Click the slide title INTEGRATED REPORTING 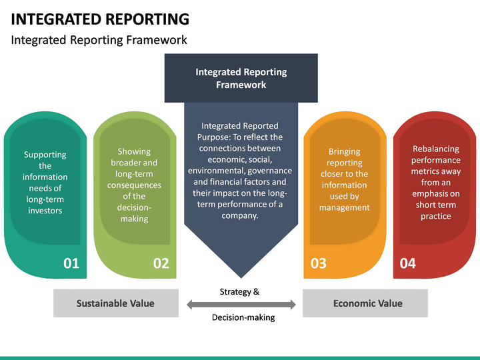(x=100, y=19)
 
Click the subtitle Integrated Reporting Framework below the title (x=99, y=40)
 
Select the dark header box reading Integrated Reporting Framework (x=241, y=78)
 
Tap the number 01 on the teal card (x=71, y=263)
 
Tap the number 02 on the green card (x=161, y=263)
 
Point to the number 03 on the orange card (x=319, y=263)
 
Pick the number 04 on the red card (x=407, y=263)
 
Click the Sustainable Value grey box (x=115, y=303)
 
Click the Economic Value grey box (x=367, y=303)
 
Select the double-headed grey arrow (x=241, y=305)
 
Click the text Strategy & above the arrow (x=239, y=291)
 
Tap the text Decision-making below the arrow (x=243, y=317)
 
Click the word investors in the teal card (x=45, y=211)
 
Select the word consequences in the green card (x=134, y=185)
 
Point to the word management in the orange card (x=344, y=207)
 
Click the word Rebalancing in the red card (x=436, y=149)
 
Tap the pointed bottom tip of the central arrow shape (x=241, y=276)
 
